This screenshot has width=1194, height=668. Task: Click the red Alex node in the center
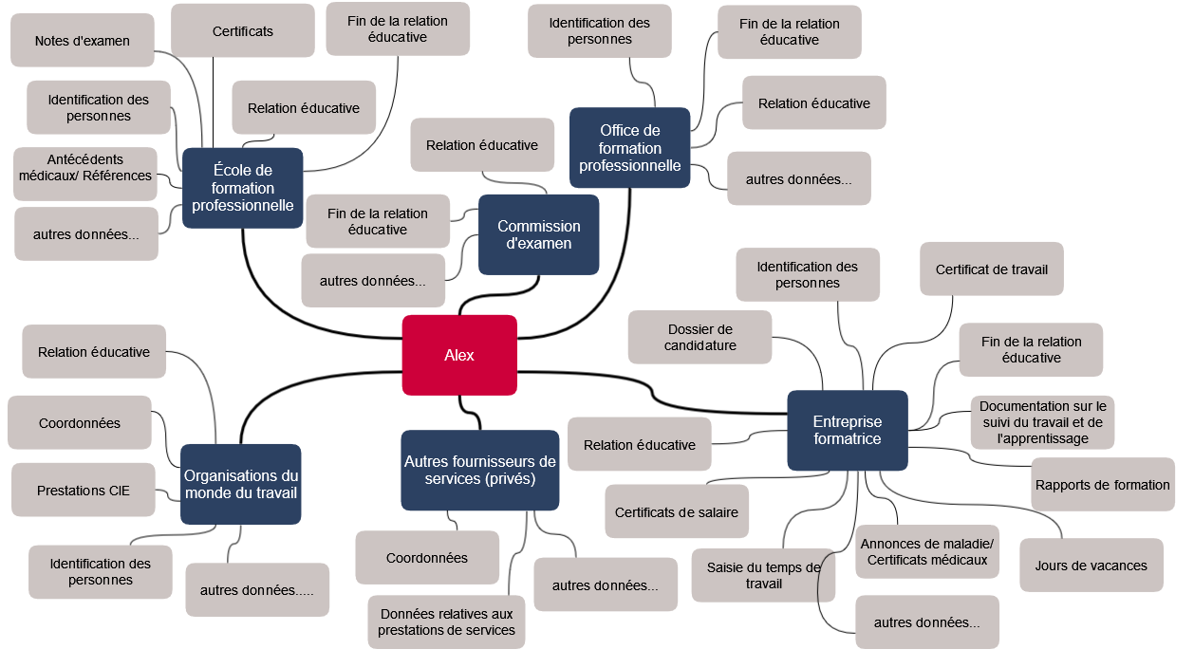pos(459,355)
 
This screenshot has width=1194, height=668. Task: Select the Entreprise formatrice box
pos(847,430)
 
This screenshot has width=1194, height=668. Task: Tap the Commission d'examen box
pos(538,234)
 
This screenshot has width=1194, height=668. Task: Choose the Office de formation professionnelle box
pos(629,148)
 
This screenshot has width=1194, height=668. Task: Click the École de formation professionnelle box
pos(242,188)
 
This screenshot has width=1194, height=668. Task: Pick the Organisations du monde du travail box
pos(240,484)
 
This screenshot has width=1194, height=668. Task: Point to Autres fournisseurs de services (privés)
pos(479,470)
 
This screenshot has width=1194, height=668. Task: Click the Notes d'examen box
pos(82,41)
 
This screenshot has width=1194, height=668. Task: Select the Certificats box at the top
pos(242,31)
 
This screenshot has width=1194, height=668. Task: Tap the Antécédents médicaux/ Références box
pos(85,168)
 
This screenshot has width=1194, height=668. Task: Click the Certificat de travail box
pos(991,269)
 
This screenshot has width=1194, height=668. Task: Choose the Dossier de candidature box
pos(700,337)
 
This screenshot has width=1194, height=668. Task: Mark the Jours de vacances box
pos(1091,566)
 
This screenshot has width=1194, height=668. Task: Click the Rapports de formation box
pos(1102,485)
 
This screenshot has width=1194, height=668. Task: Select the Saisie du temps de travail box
pos(763,575)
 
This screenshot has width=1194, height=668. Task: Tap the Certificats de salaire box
pos(677,512)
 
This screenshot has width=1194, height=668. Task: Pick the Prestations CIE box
pos(83,491)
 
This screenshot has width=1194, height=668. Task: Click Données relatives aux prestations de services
pos(446,622)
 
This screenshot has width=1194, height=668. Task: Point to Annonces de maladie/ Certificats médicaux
pos(926,551)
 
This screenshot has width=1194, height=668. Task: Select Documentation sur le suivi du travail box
pos(1041,422)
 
